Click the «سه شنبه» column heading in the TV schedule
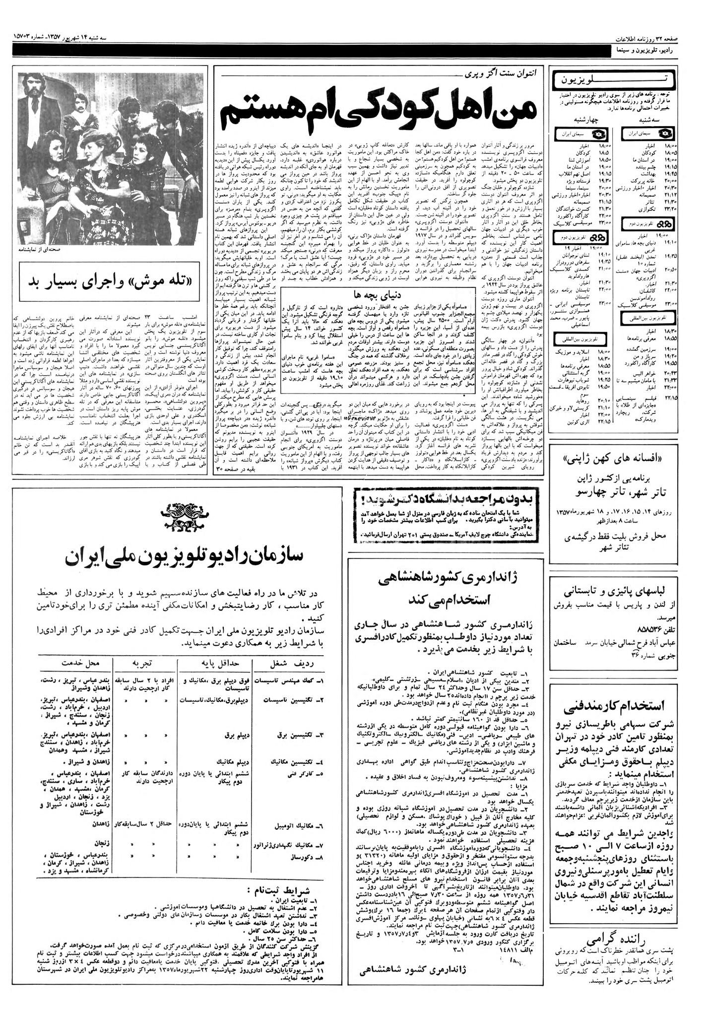pyautogui.click(x=648, y=120)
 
